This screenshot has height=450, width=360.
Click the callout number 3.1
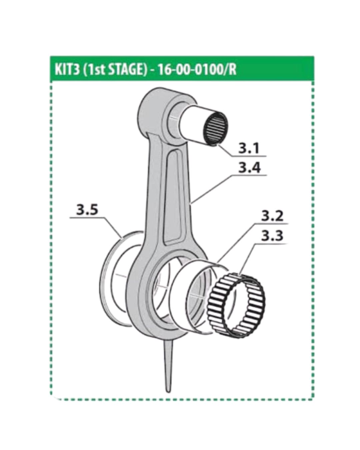coord(249,148)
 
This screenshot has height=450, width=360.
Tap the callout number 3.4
coord(249,168)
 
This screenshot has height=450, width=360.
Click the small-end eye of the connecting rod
coord(157,113)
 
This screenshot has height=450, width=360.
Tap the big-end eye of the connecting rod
coord(150,293)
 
